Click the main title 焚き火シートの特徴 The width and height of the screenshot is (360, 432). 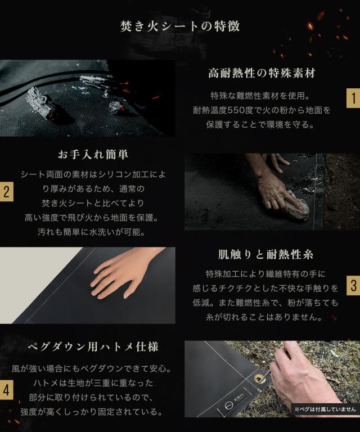(x=180, y=26)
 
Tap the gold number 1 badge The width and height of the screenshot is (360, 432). (x=353, y=98)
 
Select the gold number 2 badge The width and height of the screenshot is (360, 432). (x=7, y=191)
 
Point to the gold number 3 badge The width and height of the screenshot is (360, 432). (x=353, y=285)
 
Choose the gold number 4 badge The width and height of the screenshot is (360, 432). (x=7, y=390)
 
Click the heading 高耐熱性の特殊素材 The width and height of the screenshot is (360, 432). (x=262, y=73)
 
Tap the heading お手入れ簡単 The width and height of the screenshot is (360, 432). (x=93, y=154)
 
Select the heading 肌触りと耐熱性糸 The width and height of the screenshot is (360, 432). (x=265, y=255)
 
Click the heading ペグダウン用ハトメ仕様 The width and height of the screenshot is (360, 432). (x=93, y=346)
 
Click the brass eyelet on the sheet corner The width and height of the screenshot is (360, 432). (x=259, y=379)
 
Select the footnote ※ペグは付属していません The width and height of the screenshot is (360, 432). (x=325, y=409)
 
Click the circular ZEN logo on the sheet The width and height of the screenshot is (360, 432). (x=228, y=406)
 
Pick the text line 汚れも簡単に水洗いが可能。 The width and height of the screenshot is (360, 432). (x=92, y=232)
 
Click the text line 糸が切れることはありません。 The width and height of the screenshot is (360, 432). (x=264, y=317)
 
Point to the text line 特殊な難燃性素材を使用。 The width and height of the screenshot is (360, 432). (x=260, y=96)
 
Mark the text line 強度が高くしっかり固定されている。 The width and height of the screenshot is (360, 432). (x=92, y=412)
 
